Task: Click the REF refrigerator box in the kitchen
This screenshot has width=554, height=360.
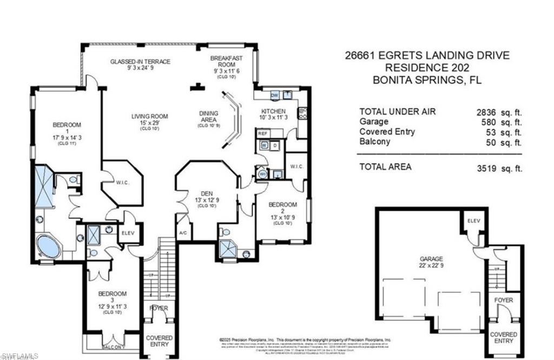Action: click(x=263, y=133)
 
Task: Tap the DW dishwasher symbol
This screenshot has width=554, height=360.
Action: click(x=274, y=95)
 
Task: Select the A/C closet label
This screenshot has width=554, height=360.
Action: click(x=184, y=233)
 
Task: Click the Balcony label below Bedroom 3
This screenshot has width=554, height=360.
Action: click(x=114, y=347)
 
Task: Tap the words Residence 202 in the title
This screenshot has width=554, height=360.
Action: click(x=427, y=68)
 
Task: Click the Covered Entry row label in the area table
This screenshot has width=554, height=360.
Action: click(x=387, y=132)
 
